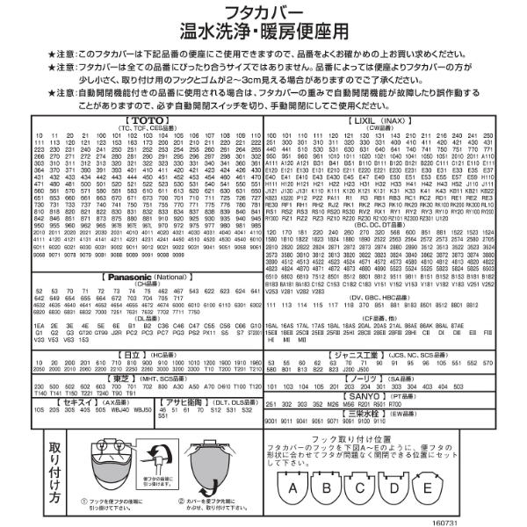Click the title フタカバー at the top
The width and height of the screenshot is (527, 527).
tap(263, 11)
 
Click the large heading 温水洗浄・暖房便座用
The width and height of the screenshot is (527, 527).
tap(263, 33)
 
